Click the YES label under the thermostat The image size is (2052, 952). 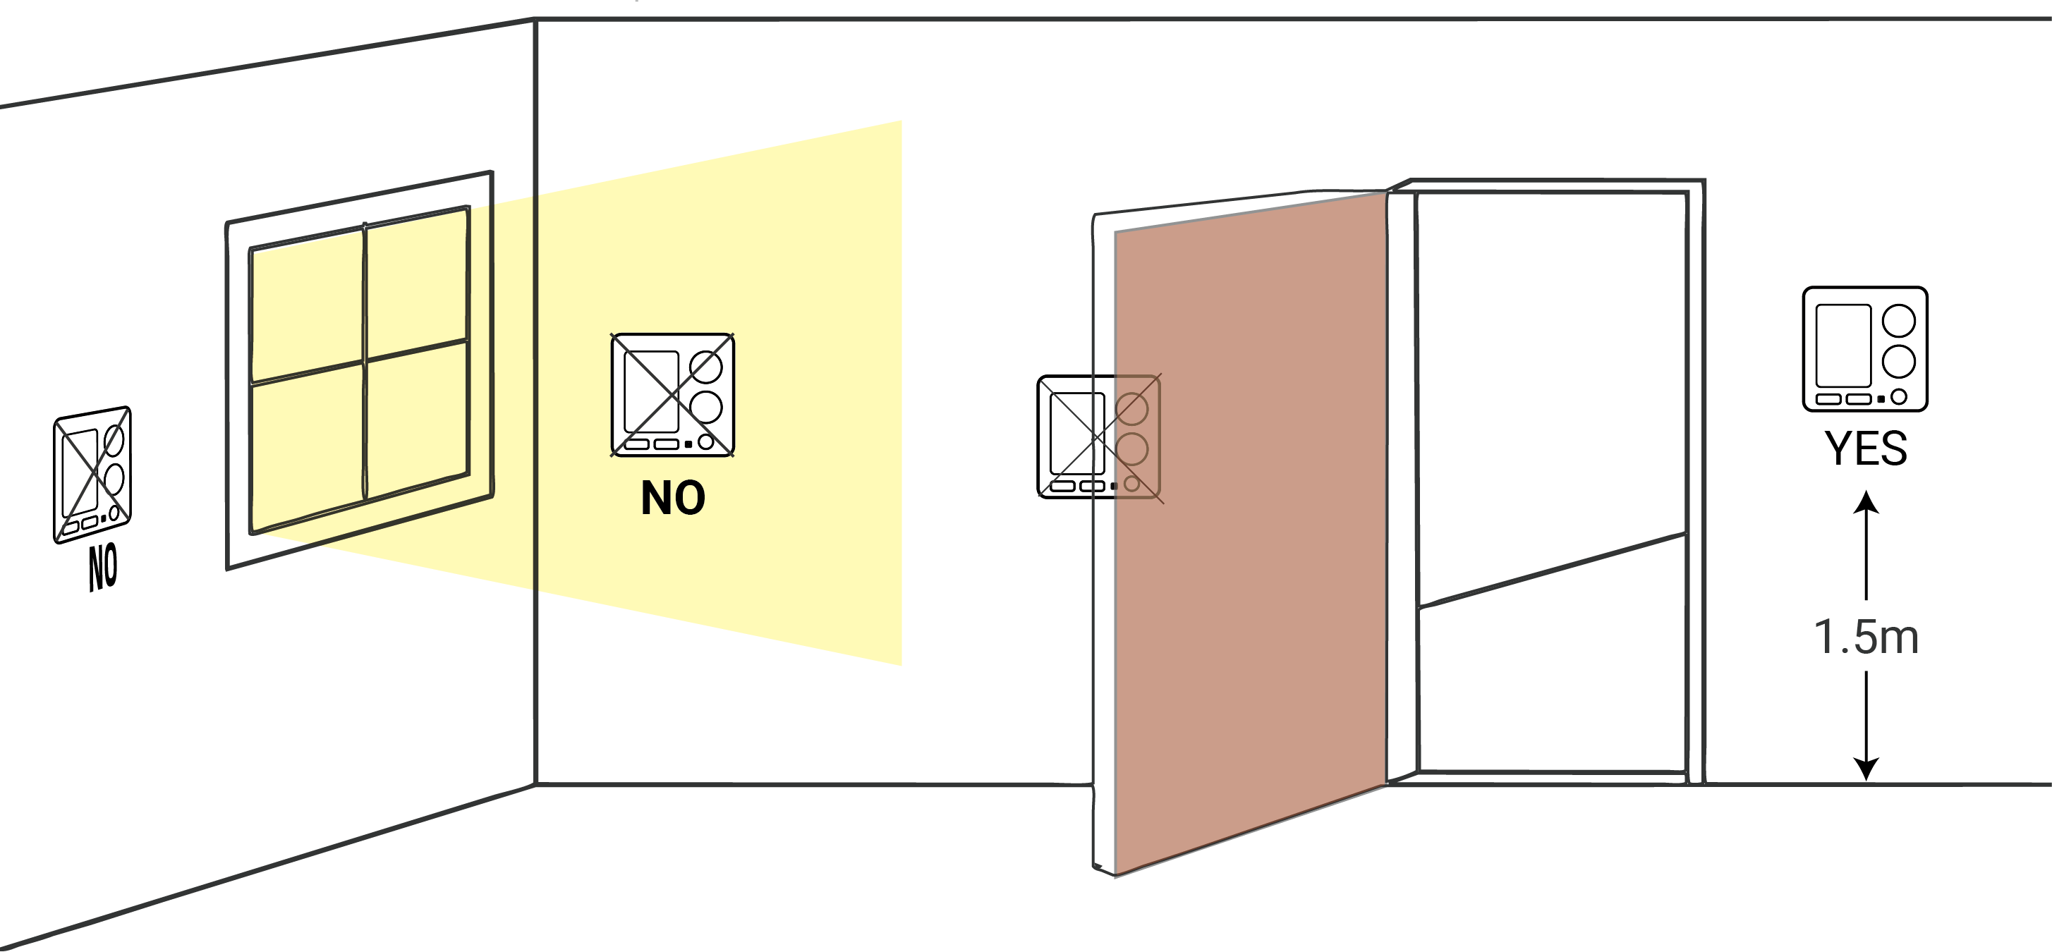tap(1866, 448)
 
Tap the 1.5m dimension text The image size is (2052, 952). tap(1866, 637)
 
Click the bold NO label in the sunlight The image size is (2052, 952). tap(673, 499)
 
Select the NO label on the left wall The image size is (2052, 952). tap(103, 567)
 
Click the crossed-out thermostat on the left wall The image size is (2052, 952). tap(92, 475)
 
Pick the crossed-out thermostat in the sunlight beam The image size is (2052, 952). tap(673, 395)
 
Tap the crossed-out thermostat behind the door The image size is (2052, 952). tap(1099, 438)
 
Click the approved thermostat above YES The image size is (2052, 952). tap(1866, 349)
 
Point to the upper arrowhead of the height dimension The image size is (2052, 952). tap(1866, 501)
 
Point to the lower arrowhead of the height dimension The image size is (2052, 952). tap(1866, 769)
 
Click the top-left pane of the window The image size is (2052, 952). tap(308, 307)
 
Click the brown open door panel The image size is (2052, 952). tap(1251, 534)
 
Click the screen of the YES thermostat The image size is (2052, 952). tap(1843, 346)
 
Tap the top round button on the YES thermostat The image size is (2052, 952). tap(1899, 321)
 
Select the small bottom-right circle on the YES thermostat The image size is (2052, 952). tap(1899, 396)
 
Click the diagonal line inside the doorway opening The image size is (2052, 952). tap(1553, 570)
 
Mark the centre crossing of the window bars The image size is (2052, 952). tap(365, 362)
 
